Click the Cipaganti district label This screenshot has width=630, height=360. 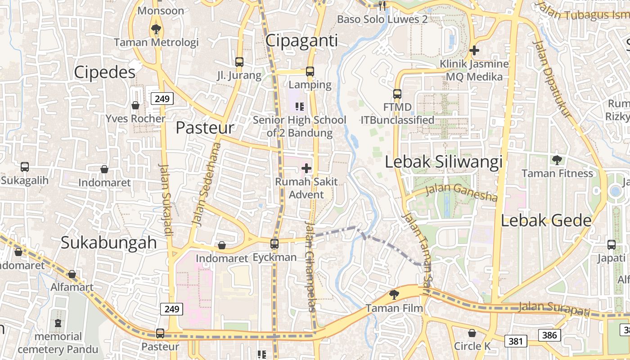(x=301, y=40)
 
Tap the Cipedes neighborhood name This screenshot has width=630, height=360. (x=104, y=72)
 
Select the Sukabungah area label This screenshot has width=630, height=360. (x=108, y=243)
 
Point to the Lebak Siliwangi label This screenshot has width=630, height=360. (x=443, y=162)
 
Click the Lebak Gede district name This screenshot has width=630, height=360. (x=546, y=220)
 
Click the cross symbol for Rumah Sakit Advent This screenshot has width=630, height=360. (x=306, y=169)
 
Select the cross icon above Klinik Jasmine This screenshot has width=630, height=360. (x=474, y=51)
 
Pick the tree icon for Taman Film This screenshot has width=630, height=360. (x=394, y=295)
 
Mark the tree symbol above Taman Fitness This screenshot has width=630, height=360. (x=557, y=160)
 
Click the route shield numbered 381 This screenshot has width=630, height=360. (x=515, y=341)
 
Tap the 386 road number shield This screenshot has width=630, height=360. (x=549, y=335)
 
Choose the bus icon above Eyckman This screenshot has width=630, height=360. (x=274, y=244)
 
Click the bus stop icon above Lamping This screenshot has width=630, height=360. (x=310, y=71)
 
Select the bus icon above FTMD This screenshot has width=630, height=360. (x=397, y=94)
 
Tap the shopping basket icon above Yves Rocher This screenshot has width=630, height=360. (x=135, y=106)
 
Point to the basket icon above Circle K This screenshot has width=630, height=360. (x=472, y=333)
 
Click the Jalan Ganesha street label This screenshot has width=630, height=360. (x=461, y=193)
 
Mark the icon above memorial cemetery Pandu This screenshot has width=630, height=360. (x=58, y=323)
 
